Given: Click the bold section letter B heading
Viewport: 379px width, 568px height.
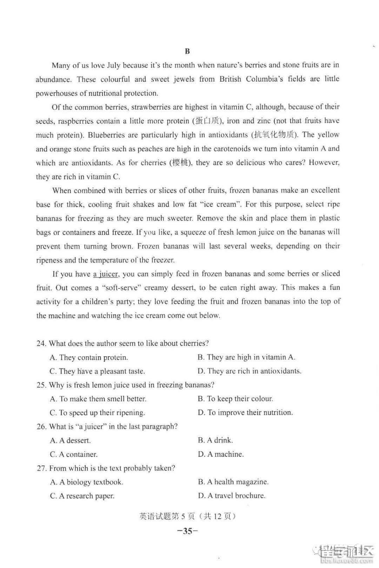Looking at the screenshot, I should coord(187,52).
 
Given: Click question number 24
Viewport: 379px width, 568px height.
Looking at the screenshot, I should coord(41,344).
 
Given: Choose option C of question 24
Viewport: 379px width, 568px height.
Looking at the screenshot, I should coord(97,371).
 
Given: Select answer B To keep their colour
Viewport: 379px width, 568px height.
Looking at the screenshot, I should coord(235,399).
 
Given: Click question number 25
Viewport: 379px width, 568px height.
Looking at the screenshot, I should coord(41,385).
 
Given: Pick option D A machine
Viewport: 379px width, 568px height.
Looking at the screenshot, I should coord(221,454).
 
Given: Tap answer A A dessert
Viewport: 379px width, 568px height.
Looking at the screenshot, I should coord(70,440).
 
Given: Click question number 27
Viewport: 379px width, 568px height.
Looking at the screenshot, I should coord(41,468).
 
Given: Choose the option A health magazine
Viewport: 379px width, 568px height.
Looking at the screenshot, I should coord(233,482).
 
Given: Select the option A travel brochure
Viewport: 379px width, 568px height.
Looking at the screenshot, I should coord(232,496).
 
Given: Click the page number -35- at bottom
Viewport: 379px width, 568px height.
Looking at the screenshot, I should coord(187,531).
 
